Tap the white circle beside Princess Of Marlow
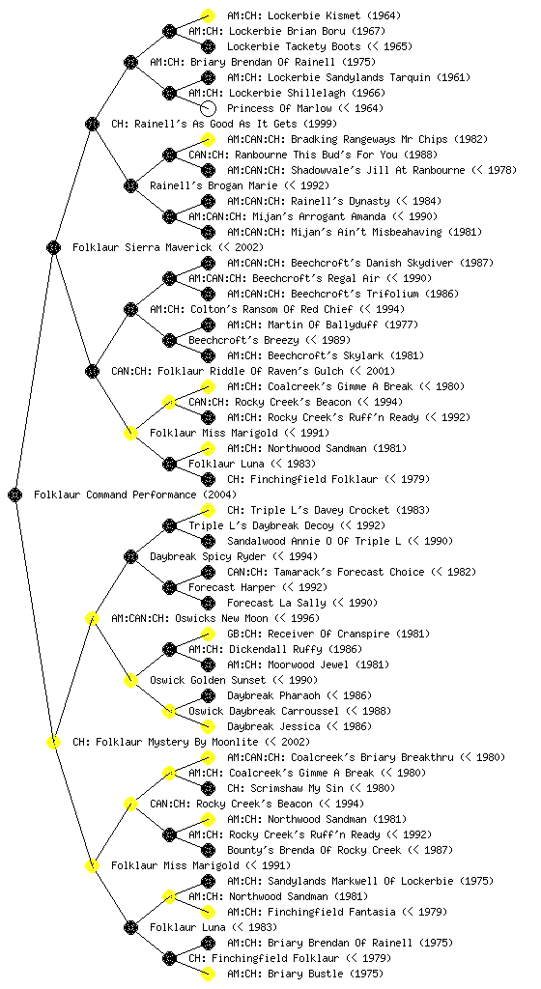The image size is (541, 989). tap(208, 108)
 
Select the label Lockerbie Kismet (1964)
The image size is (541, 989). tap(313, 15)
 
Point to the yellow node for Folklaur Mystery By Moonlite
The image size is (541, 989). tap(54, 742)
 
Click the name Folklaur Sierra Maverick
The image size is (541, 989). tap(143, 247)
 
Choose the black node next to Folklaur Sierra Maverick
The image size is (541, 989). tap(54, 247)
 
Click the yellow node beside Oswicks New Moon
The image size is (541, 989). tap(93, 618)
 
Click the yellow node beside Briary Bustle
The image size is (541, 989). tap(208, 974)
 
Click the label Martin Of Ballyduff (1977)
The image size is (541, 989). tap(323, 325)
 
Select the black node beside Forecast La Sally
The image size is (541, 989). tap(208, 603)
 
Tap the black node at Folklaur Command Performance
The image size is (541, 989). tap(15, 494)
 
